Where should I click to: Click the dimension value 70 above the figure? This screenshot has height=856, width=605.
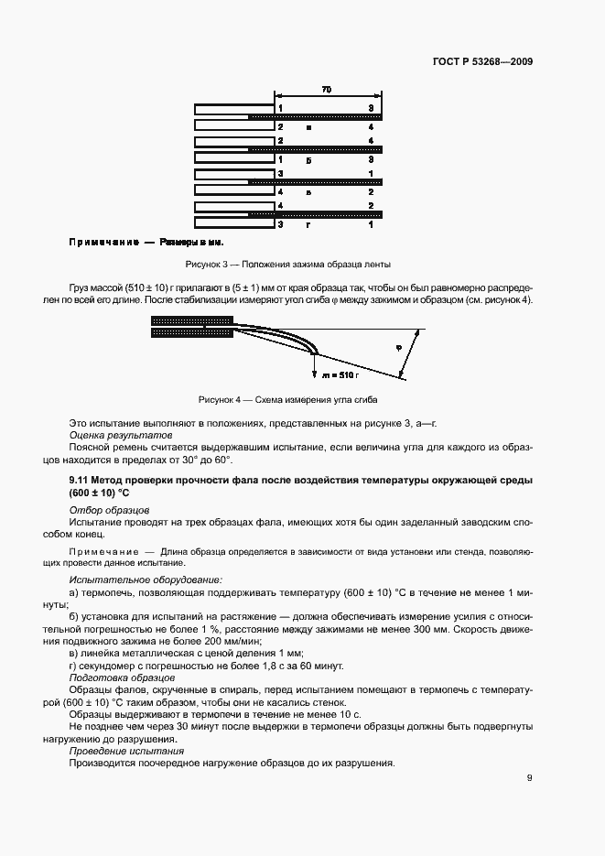(x=327, y=90)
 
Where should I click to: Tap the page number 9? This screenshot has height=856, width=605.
(x=530, y=778)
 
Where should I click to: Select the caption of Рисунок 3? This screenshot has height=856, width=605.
(x=287, y=265)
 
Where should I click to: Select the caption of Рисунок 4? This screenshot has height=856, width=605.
(x=287, y=400)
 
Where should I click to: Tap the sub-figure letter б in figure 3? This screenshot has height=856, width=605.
(x=310, y=160)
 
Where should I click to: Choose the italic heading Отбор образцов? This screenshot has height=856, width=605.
(x=103, y=509)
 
